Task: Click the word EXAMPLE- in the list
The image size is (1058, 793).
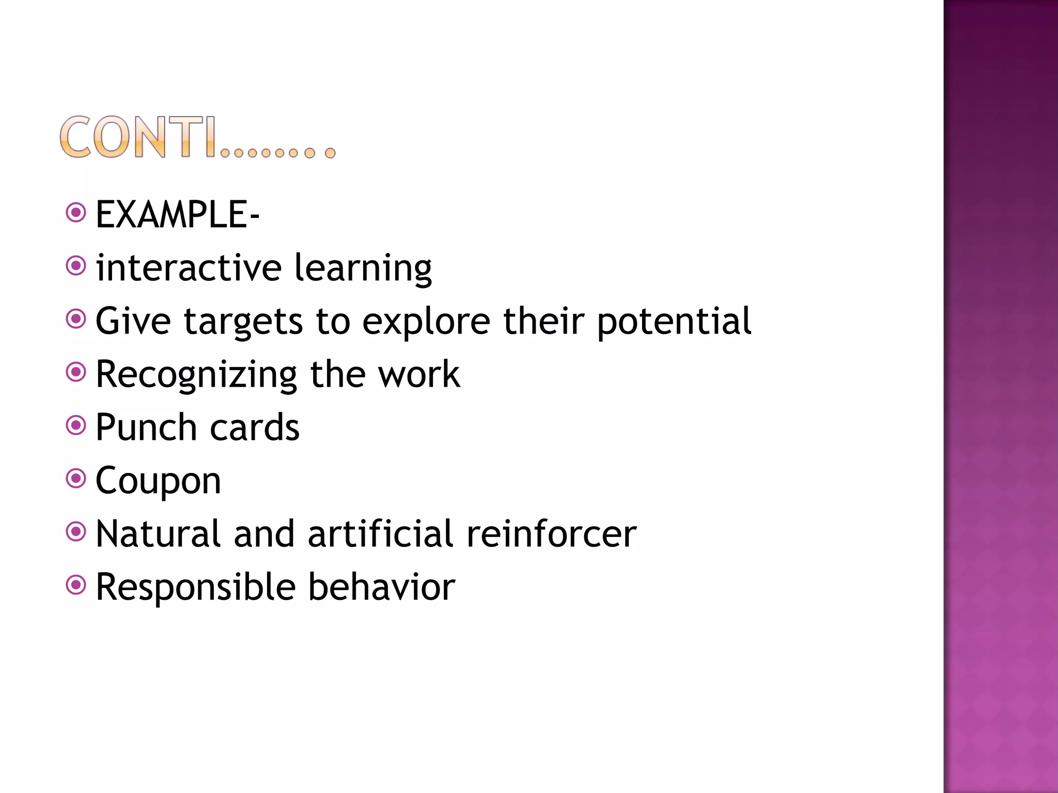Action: click(x=177, y=215)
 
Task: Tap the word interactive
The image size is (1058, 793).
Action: click(x=189, y=268)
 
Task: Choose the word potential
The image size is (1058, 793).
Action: click(x=674, y=321)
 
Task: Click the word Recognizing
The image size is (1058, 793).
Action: click(x=196, y=375)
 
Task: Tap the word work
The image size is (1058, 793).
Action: click(x=419, y=375)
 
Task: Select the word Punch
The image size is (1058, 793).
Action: click(x=146, y=427)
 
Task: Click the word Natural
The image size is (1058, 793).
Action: click(x=159, y=534)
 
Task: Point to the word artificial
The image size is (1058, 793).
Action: click(x=381, y=534)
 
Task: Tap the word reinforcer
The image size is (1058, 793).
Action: click(x=551, y=534)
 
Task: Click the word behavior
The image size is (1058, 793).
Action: click(x=382, y=588)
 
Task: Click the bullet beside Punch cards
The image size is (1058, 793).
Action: click(x=76, y=426)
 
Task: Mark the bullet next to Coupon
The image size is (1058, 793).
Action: click(x=76, y=479)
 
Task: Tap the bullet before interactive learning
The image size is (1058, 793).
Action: click(x=76, y=266)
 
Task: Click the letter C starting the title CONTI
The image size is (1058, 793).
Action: click(x=75, y=137)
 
